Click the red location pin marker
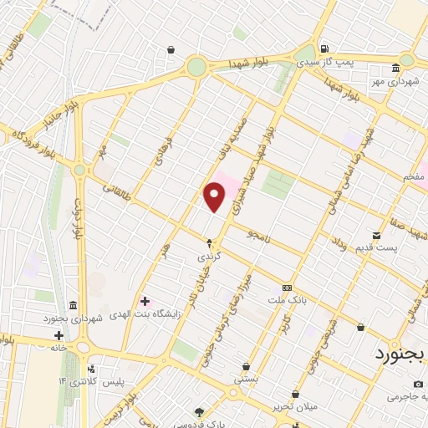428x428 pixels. (215, 196)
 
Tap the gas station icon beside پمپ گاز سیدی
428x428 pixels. (324, 47)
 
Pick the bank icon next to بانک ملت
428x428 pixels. (288, 286)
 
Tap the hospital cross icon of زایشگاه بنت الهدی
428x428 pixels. (145, 301)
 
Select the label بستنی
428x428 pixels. (246, 380)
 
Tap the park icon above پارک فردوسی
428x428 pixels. (199, 410)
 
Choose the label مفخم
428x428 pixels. (412, 177)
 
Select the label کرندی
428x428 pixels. (209, 257)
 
